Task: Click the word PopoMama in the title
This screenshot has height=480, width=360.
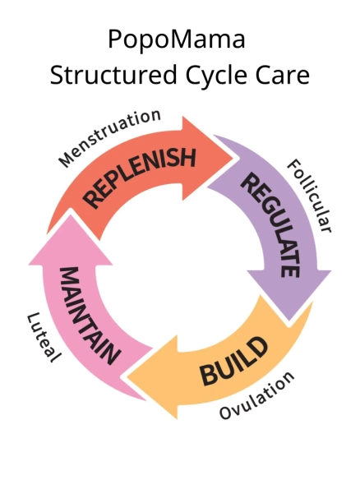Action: (177, 40)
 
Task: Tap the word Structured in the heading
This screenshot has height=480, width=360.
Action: (113, 75)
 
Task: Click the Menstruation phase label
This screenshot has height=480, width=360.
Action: (110, 137)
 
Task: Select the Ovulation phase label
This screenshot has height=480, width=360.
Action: (256, 395)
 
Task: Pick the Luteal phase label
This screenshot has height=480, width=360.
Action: (44, 337)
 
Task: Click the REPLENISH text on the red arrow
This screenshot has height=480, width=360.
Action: (139, 177)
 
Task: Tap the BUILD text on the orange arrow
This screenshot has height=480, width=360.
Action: (233, 361)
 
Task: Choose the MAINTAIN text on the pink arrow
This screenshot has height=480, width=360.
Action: (90, 316)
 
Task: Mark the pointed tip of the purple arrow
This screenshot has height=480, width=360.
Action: (289, 321)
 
